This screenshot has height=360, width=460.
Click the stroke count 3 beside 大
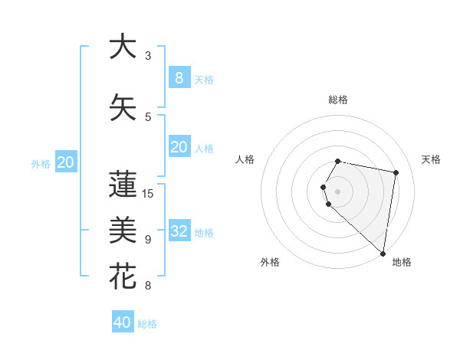point(148,56)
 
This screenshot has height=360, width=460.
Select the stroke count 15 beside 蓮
point(149,193)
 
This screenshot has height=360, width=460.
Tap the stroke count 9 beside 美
point(148,239)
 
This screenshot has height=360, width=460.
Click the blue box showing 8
point(179,78)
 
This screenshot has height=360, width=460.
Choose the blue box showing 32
point(179,231)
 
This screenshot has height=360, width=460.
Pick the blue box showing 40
point(123,322)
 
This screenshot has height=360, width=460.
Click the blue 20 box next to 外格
point(66,162)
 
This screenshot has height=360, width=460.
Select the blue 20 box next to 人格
point(179,147)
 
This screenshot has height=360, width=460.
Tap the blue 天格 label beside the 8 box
point(204,80)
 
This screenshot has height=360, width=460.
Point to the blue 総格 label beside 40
point(147,324)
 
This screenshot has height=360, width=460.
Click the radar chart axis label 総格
point(337,100)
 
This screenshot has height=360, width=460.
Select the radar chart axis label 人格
point(245,159)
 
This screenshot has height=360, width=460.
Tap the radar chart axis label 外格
point(270,262)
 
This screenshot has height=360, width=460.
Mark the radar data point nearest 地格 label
point(383,253)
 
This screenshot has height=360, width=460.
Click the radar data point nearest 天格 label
point(396,172)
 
